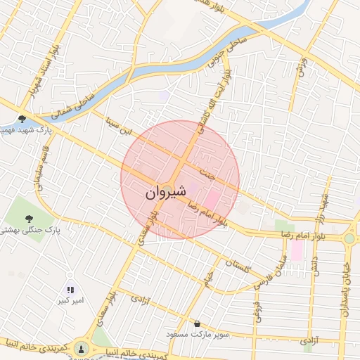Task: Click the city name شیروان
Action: tap(166, 192)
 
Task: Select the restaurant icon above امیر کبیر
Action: tap(70, 289)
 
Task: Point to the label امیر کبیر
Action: tap(71, 301)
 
